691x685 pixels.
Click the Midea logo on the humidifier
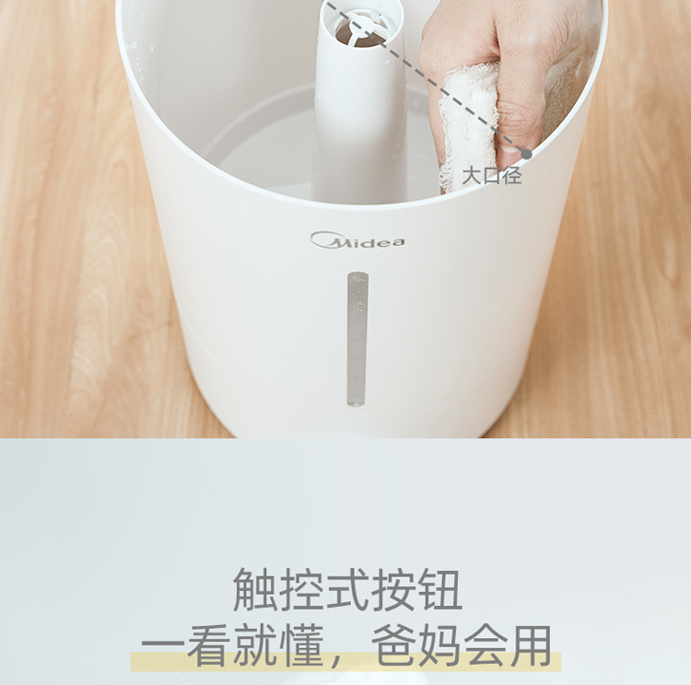[x=357, y=240]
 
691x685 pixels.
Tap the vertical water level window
[x=357, y=339]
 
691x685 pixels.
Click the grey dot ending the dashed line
[x=527, y=154]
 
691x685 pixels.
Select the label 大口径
[x=492, y=175]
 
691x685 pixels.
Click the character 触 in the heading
[x=254, y=589]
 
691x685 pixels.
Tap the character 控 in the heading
[x=300, y=589]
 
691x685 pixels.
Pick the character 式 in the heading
[x=346, y=589]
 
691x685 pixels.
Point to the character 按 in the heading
[x=393, y=589]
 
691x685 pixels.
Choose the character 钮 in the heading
[x=439, y=589]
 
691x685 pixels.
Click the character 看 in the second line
[x=209, y=645]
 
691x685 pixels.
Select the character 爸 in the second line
[x=393, y=645]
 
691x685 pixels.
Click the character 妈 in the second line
[x=439, y=645]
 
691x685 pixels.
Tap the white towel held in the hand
[x=469, y=128]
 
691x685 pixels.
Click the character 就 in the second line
[x=255, y=645]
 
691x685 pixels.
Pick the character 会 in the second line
[x=486, y=645]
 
